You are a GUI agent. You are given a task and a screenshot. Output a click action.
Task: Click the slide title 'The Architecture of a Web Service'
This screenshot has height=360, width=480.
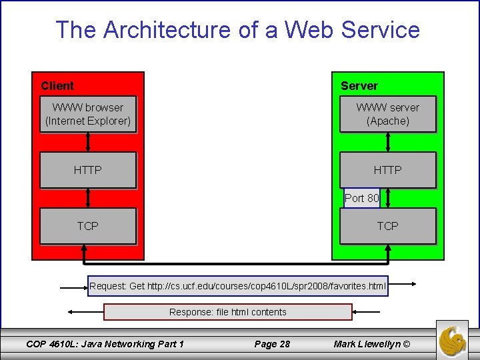[237, 30]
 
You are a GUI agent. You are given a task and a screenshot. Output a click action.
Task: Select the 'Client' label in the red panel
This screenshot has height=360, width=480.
[57, 85]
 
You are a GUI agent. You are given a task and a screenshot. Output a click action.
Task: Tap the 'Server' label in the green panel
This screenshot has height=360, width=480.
[359, 85]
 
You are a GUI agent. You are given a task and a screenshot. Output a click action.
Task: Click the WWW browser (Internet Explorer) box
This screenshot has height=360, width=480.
[88, 114]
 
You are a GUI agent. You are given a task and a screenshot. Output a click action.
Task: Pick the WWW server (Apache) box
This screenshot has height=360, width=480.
[387, 114]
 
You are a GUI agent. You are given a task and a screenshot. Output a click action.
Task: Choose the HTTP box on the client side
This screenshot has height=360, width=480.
[88, 171]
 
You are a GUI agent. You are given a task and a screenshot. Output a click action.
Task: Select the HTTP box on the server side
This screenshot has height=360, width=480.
[387, 171]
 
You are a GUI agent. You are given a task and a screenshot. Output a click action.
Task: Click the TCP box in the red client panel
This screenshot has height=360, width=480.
[88, 226]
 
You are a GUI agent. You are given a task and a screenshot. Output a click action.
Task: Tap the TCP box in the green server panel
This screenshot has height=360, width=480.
[387, 226]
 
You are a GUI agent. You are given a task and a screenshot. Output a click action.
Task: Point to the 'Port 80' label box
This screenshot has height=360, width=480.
[362, 198]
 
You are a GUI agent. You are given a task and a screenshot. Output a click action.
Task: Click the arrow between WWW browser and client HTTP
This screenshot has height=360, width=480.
[88, 142]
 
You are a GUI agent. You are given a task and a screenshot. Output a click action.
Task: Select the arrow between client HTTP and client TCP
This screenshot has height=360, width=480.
[88, 198]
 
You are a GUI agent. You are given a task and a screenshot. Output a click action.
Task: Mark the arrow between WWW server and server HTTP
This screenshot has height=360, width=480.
[388, 142]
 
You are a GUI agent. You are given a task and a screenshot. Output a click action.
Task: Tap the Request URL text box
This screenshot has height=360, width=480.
[238, 286]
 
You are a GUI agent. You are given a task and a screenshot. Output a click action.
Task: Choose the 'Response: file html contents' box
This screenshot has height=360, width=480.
[228, 312]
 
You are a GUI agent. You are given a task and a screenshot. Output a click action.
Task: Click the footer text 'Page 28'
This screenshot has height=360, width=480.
[272, 344]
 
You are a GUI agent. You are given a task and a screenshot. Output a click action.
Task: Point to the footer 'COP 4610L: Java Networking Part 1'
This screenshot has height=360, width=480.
[105, 344]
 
